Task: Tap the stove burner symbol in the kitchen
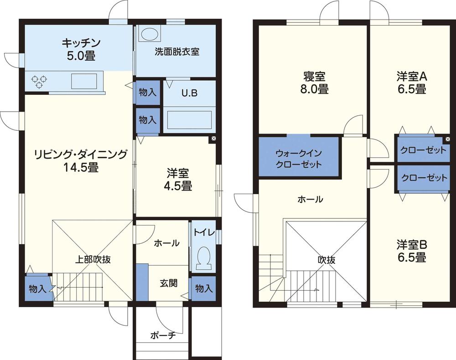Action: (38, 81)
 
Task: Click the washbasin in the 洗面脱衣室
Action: (149, 35)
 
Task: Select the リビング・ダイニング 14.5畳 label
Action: (80, 161)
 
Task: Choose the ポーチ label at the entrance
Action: (163, 335)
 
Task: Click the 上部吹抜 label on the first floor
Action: (93, 260)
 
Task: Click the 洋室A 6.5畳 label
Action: (411, 82)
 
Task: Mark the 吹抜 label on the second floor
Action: (326, 260)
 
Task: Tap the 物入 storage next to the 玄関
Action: (203, 288)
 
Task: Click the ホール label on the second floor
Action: (310, 199)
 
